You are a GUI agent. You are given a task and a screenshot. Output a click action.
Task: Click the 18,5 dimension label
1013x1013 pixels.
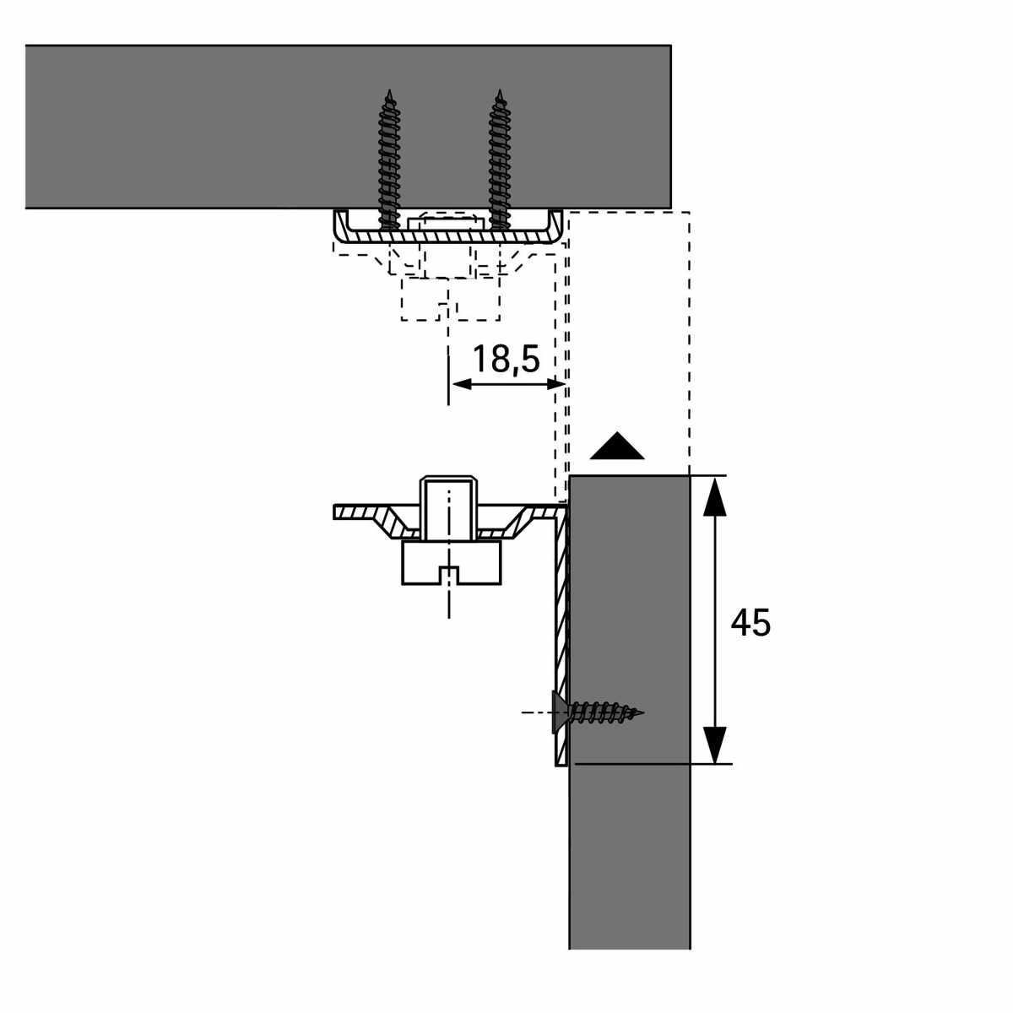pos(506,359)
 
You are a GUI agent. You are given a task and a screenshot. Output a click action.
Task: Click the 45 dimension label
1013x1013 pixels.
pos(750,623)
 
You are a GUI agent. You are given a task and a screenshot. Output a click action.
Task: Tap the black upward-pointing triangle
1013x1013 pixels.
pos(616,447)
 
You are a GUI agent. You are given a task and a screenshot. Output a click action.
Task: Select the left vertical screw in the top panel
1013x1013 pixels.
pos(389,160)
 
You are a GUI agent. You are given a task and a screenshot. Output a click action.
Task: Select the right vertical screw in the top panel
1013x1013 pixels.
pos(500,160)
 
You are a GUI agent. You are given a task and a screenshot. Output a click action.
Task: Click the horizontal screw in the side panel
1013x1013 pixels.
pos(598,712)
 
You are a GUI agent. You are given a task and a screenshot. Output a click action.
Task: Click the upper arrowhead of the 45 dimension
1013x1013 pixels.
pos(714,496)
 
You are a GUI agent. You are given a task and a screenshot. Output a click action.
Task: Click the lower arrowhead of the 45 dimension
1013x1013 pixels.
pos(714,745)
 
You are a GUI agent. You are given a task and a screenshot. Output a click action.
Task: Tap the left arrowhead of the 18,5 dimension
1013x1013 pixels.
pos(461,385)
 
